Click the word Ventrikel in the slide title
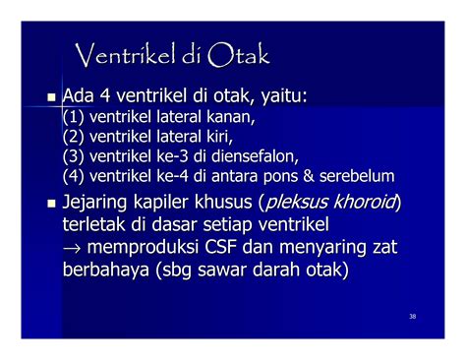tap(125, 55)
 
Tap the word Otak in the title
tap(238, 55)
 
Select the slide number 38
tap(413, 317)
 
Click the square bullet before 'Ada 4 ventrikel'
tap(51, 97)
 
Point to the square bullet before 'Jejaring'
tap(51, 204)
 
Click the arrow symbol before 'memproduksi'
tap(72, 248)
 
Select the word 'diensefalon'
tap(255, 156)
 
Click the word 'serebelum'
tap(357, 176)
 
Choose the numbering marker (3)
tap(74, 156)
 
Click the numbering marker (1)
tap(74, 117)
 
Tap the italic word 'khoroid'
tap(364, 202)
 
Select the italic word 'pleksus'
tap(296, 203)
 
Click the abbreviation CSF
tap(220, 247)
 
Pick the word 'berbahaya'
tap(105, 270)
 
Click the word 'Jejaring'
tap(94, 203)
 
